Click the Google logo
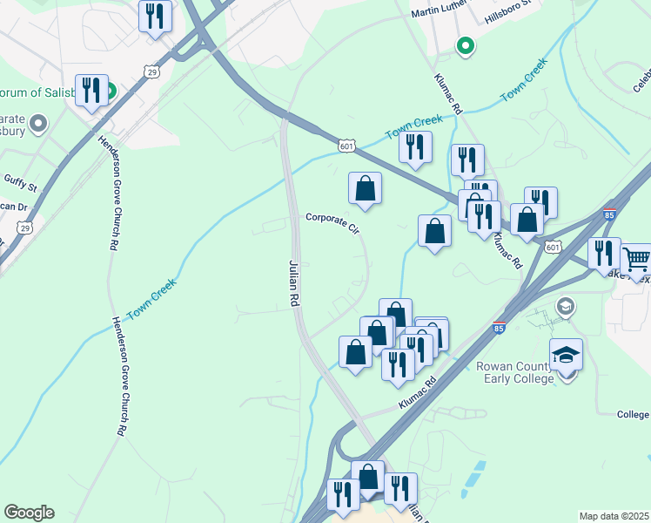click(x=29, y=513)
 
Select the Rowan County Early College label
click(x=514, y=372)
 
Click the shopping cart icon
click(x=636, y=258)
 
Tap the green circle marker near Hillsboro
click(x=466, y=46)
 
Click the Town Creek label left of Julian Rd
click(x=152, y=298)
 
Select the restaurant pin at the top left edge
click(x=155, y=15)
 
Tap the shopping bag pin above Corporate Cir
click(x=366, y=187)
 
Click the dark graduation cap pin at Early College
click(x=567, y=356)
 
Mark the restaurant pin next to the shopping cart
click(x=604, y=253)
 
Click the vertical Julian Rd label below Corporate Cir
click(x=294, y=282)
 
